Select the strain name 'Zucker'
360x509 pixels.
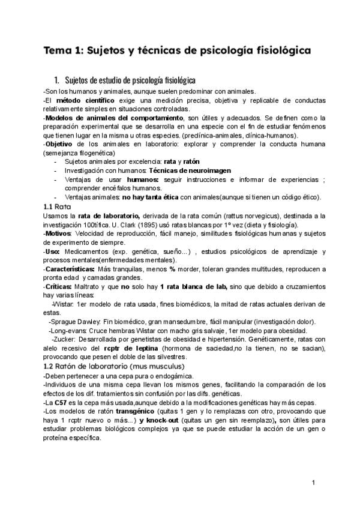pyautogui.click(x=66, y=340)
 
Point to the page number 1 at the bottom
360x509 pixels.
pyautogui.click(x=314, y=483)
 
